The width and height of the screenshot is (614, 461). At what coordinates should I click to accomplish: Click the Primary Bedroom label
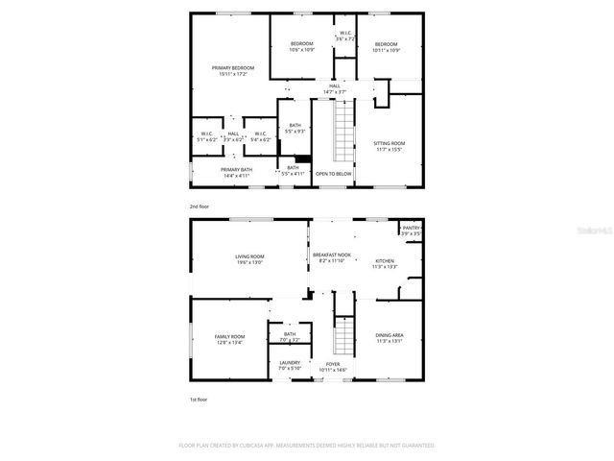click(234, 70)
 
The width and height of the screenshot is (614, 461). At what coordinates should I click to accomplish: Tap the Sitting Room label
click(389, 145)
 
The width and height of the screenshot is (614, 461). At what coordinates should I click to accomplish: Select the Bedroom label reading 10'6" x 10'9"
click(302, 47)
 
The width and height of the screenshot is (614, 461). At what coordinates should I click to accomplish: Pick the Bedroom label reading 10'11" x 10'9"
click(386, 47)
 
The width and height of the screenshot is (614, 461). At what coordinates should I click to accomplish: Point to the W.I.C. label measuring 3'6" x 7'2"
click(345, 36)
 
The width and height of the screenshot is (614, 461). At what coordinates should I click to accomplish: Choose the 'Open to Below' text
click(333, 174)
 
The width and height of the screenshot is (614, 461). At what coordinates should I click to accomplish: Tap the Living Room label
click(249, 259)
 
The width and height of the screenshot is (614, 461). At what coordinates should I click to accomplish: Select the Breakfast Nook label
click(332, 257)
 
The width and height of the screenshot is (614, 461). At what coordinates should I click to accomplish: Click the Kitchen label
click(385, 263)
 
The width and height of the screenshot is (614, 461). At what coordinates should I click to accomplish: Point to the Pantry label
click(412, 230)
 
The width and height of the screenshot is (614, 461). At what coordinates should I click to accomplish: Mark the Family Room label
click(229, 339)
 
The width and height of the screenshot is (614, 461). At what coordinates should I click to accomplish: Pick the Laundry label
click(290, 365)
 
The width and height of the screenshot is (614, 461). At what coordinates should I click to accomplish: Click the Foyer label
click(333, 367)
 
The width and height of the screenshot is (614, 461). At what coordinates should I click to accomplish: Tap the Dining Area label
click(389, 337)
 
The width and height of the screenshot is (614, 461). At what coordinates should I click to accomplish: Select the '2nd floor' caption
click(199, 206)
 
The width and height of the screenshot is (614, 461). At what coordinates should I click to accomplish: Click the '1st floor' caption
click(198, 399)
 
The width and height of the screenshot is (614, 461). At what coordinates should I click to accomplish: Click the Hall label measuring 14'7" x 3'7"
click(335, 88)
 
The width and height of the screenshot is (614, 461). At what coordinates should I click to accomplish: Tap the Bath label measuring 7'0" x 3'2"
click(290, 337)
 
